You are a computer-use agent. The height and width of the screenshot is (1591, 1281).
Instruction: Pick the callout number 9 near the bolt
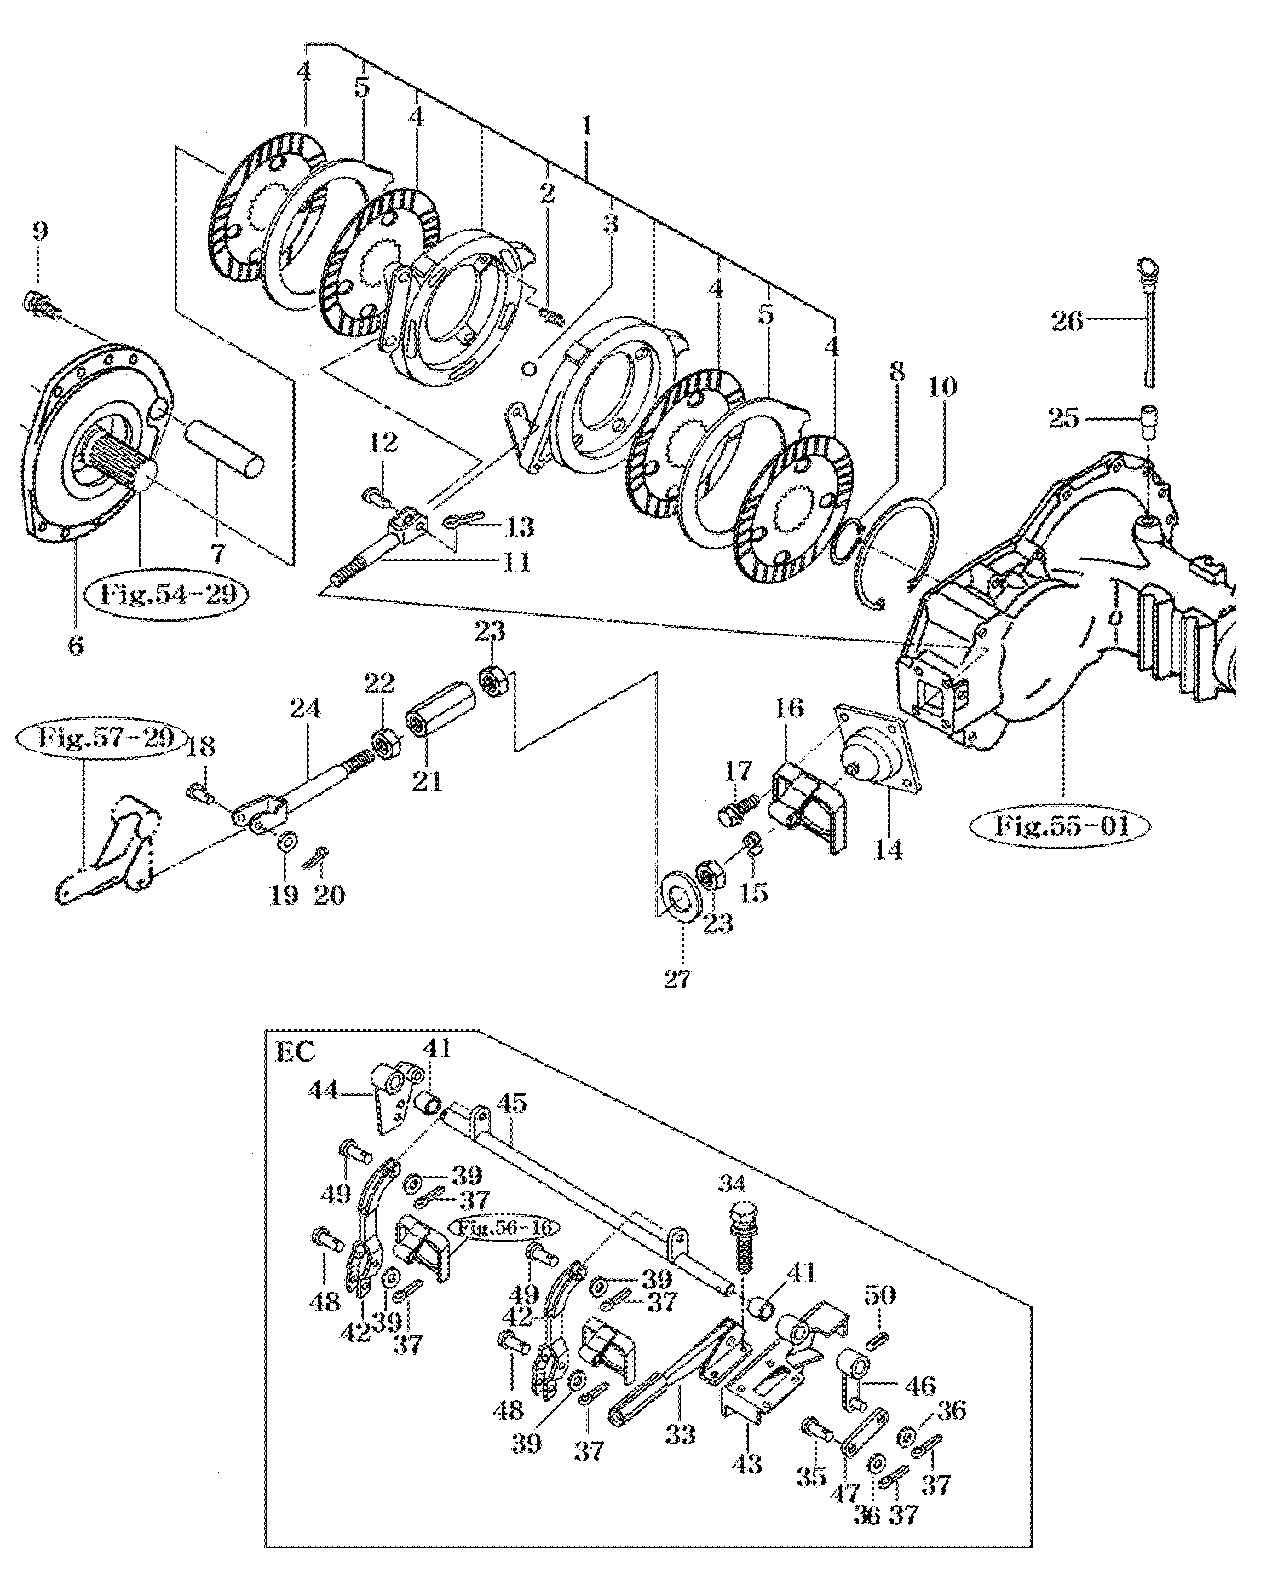[x=41, y=232]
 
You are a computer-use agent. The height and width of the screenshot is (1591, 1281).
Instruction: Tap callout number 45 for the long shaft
[x=513, y=1125]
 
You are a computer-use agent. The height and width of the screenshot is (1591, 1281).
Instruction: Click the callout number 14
[x=888, y=850]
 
